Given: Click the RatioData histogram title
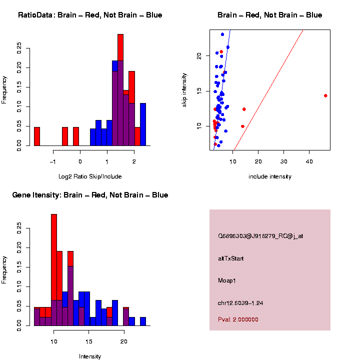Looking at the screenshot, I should [90, 15].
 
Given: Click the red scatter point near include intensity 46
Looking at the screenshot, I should [325, 95].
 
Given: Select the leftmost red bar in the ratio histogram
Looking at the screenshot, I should [37, 136].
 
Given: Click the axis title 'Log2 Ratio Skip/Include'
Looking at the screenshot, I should [90, 176].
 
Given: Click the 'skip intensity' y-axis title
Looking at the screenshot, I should [184, 89].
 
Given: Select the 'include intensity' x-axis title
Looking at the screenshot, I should [270, 176].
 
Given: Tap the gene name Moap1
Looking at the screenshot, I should [227, 280].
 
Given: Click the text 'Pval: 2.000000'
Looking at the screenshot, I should [238, 319].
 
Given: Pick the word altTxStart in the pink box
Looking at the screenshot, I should [231, 258].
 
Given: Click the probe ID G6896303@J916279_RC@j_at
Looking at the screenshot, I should [260, 236].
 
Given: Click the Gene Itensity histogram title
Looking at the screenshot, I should [90, 195].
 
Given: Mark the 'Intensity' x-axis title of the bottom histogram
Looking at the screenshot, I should [90, 356].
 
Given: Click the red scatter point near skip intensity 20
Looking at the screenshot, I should [221, 52].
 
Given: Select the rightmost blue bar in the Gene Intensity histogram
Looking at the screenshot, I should [143, 321].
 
